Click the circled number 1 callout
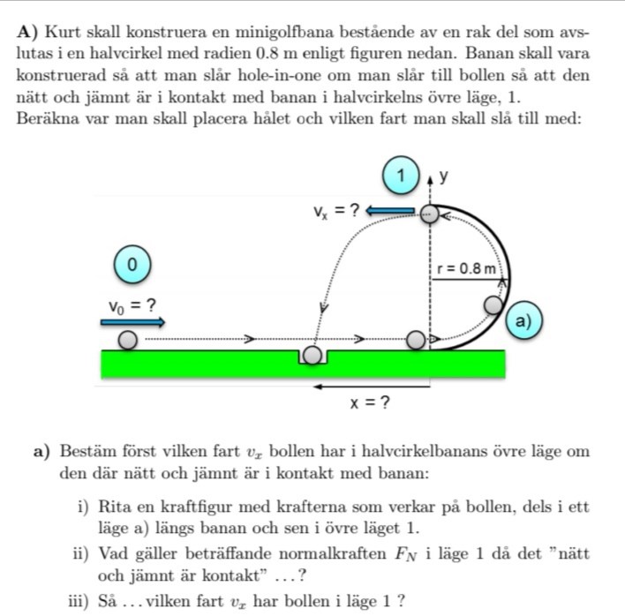pos(402,176)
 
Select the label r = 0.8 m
pos(467,267)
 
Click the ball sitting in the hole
pos(312,356)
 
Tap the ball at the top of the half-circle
pos(428,212)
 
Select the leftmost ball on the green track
pos(129,339)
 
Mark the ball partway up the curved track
pos(493,304)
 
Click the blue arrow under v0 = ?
pos(132,322)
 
